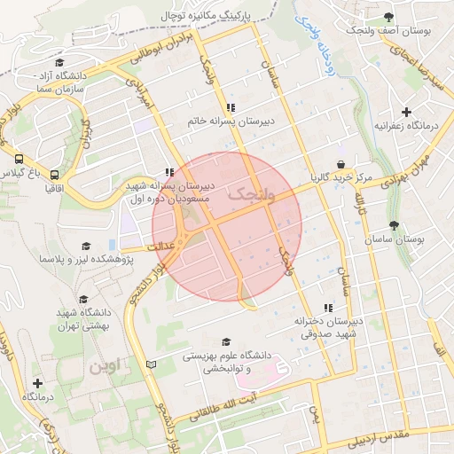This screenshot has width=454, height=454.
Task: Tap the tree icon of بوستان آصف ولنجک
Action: (x=388, y=17)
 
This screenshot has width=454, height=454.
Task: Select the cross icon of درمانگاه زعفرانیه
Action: (x=406, y=112)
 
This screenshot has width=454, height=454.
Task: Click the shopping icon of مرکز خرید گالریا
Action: (x=340, y=165)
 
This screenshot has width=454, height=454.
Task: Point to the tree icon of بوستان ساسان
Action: (x=394, y=225)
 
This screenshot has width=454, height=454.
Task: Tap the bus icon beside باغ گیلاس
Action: (x=19, y=160)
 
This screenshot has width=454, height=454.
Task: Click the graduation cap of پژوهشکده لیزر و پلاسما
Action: (x=86, y=247)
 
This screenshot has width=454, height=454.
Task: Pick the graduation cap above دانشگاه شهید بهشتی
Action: (x=83, y=300)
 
